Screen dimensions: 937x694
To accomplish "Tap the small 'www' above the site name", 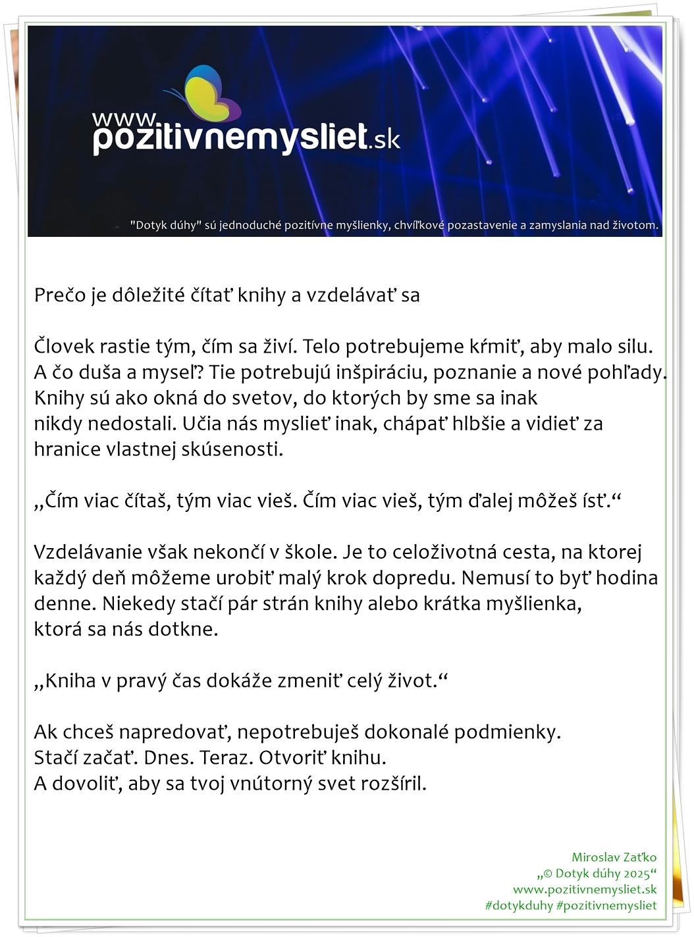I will (123, 118).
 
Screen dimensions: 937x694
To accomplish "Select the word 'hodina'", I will (627, 578).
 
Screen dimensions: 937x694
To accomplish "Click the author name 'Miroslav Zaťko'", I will (614, 857).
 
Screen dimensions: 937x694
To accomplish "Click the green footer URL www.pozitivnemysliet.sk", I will (585, 890).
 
